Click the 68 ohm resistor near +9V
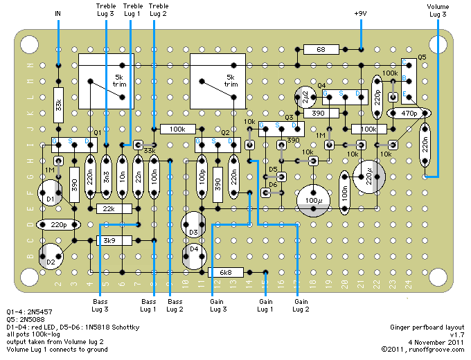tap(321, 49)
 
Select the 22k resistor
tap(107, 208)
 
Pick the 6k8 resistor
tap(226, 272)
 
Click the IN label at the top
tap(58, 13)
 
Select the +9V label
tap(361, 13)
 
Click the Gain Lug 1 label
tap(266, 305)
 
